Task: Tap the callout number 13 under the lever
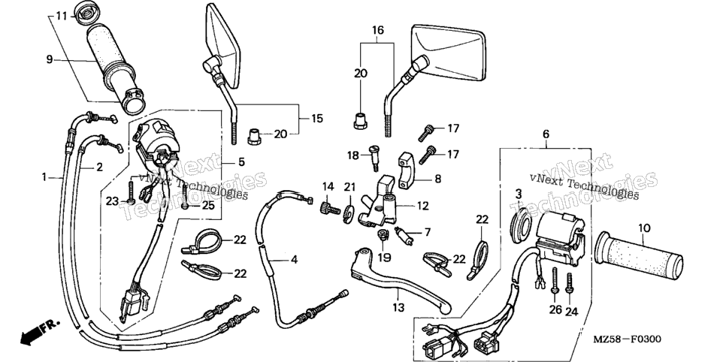(x=398, y=307)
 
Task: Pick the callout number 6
(x=546, y=134)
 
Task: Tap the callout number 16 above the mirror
(x=378, y=31)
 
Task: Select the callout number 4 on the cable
(x=294, y=260)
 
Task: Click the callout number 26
(x=555, y=309)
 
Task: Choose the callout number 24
(x=572, y=312)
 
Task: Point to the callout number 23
(x=112, y=201)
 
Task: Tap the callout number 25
(x=208, y=204)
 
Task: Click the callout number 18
(x=352, y=155)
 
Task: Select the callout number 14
(x=328, y=186)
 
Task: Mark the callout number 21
(x=349, y=186)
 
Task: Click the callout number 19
(x=384, y=257)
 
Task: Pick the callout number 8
(x=437, y=179)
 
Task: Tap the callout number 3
(x=519, y=194)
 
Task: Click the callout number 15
(x=316, y=119)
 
